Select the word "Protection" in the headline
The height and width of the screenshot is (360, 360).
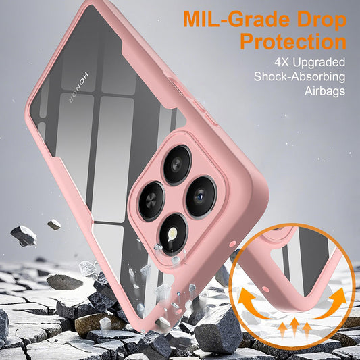pyautogui.click(x=293, y=43)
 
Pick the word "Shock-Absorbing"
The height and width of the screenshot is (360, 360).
pyautogui.click(x=299, y=76)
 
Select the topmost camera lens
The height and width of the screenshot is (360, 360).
pyautogui.click(x=176, y=164)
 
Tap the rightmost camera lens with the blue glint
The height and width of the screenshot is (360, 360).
pyautogui.click(x=201, y=197)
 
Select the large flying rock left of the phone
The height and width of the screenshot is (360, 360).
pyautogui.click(x=24, y=236)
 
